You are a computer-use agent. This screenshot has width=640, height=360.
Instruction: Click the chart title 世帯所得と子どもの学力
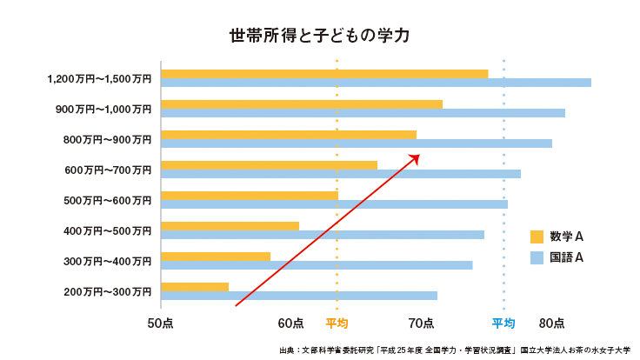click(x=319, y=36)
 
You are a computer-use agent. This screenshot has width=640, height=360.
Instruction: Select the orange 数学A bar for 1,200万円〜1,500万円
click(x=323, y=74)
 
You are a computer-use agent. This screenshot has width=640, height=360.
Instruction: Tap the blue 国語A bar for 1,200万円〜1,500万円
click(x=376, y=83)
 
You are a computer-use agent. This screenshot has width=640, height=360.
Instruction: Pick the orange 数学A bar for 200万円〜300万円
click(x=195, y=287)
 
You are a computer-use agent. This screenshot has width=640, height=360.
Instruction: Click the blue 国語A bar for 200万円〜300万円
click(x=299, y=296)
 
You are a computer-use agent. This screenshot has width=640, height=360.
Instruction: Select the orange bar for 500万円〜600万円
click(x=250, y=196)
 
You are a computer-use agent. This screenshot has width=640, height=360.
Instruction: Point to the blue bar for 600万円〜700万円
click(x=341, y=174)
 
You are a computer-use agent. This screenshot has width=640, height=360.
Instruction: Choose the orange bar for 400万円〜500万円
click(x=230, y=226)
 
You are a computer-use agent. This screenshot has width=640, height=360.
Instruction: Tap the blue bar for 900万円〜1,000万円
click(x=363, y=113)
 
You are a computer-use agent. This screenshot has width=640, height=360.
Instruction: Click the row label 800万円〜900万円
click(x=108, y=140)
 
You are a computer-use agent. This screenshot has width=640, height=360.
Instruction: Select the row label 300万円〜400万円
click(x=108, y=262)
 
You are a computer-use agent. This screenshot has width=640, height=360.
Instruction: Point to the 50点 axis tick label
click(x=160, y=323)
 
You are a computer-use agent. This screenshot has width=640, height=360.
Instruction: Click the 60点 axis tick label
click(x=290, y=323)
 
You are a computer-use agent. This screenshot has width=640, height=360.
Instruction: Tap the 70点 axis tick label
click(x=421, y=323)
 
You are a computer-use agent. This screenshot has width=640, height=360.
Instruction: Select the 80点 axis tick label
click(x=551, y=323)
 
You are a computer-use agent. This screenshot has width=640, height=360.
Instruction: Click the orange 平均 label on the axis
click(x=337, y=323)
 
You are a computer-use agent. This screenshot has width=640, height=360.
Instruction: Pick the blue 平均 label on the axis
click(x=503, y=323)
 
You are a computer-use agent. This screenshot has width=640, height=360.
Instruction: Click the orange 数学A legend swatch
click(x=537, y=237)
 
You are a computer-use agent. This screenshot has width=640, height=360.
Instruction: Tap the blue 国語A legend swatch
click(x=537, y=257)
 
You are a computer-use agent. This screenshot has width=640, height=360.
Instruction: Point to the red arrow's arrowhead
click(x=417, y=157)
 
